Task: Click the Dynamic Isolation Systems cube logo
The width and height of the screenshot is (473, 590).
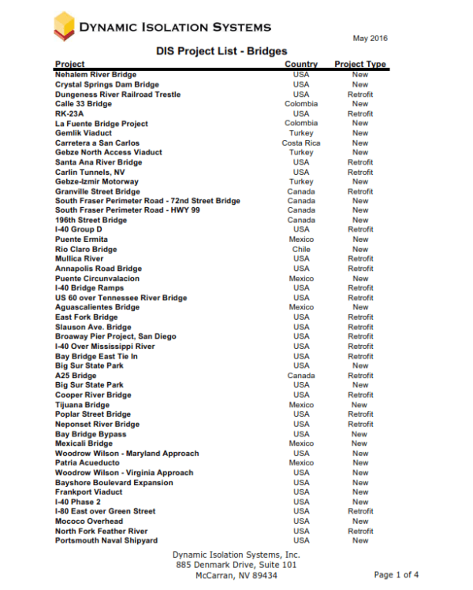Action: point(64,27)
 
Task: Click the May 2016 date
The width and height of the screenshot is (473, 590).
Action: point(370,39)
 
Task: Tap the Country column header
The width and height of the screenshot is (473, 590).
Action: point(301,64)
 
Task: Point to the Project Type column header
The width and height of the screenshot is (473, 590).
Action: point(360,64)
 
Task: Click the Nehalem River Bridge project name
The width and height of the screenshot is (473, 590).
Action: point(95,75)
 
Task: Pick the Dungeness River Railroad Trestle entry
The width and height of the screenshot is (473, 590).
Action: point(117,95)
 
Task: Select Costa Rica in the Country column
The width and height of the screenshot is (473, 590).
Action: point(301,143)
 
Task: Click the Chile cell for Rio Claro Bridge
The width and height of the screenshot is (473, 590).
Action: point(301,249)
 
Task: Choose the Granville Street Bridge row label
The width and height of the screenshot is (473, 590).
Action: point(98,191)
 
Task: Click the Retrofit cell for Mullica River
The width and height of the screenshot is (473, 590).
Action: point(360,258)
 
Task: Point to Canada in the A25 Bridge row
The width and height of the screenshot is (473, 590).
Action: point(301,376)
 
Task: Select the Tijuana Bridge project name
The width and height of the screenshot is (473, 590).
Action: point(82,405)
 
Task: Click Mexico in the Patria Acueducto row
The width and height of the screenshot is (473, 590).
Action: point(301,463)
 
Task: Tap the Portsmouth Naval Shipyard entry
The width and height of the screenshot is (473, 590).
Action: point(106,540)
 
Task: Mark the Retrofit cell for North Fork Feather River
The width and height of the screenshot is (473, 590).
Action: point(360,531)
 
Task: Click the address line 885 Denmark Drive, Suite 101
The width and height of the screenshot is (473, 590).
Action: point(236,565)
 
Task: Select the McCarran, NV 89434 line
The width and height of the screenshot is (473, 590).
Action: point(236,576)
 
